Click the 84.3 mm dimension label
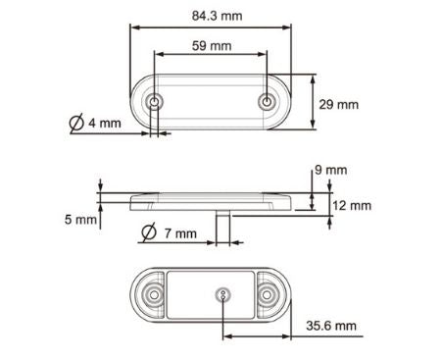click(x=220, y=16)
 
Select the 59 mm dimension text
click(x=212, y=45)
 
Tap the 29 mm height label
click(x=340, y=103)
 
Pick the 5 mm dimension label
click(x=81, y=220)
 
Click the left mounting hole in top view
click(x=156, y=102)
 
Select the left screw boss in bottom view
click(x=152, y=295)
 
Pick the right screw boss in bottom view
click(x=269, y=295)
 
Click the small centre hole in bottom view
click(x=224, y=294)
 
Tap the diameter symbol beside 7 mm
click(x=148, y=233)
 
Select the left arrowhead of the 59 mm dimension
click(x=159, y=55)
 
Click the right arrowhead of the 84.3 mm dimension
click(x=292, y=27)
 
